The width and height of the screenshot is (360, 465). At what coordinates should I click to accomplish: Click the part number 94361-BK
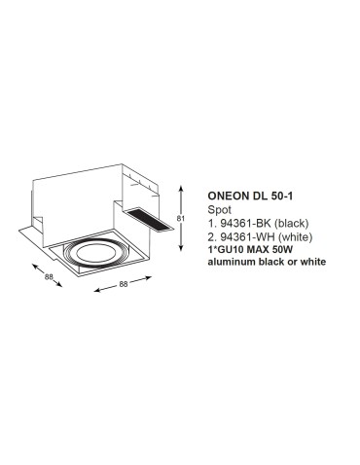(x=244, y=222)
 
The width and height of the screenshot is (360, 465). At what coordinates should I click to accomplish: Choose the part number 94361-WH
(x=244, y=235)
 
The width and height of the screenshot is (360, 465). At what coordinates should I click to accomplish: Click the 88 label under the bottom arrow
(x=124, y=284)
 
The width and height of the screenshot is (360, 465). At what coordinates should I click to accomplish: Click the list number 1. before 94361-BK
(x=212, y=222)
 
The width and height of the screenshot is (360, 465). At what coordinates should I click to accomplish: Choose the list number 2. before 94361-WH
(x=212, y=235)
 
